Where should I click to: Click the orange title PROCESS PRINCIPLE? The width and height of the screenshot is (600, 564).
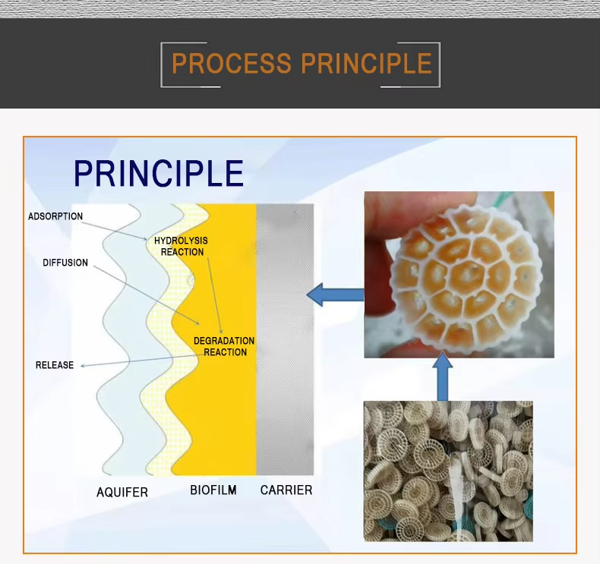point(302,64)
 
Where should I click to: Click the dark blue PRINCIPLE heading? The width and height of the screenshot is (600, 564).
point(159,174)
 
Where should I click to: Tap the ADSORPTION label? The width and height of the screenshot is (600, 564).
point(55,216)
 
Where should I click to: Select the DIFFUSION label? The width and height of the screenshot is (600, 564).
point(65,263)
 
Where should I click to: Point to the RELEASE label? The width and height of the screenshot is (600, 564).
point(55,365)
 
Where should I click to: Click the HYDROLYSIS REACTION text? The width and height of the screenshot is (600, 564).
point(182,246)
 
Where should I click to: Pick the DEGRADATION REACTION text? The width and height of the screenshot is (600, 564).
point(224,346)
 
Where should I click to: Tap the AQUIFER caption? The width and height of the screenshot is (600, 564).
point(122,492)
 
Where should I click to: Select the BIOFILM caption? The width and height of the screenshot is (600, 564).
point(213,490)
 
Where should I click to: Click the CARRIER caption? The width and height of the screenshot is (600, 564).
point(286,490)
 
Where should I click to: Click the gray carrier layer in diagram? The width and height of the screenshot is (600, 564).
point(285,339)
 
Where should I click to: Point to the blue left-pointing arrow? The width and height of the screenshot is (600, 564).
point(335,295)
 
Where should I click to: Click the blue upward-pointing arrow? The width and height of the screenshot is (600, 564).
point(443,377)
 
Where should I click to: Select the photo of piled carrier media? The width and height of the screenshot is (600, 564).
point(448,471)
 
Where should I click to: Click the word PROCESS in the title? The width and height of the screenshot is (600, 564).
point(232,64)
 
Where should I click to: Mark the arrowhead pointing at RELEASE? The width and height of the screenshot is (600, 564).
point(82,366)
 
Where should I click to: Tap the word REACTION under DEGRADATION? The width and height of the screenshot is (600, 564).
point(225,352)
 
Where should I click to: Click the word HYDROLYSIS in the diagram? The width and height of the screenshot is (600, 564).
point(181,241)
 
